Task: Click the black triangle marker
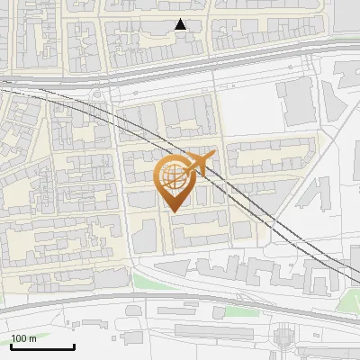(181, 24)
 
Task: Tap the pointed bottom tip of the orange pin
(175, 211)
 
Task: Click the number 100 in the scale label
(20, 338)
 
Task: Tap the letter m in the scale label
(33, 338)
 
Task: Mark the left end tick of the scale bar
(11, 346)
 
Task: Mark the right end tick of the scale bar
(74, 346)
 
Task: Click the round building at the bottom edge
(283, 338)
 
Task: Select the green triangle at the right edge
(348, 298)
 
